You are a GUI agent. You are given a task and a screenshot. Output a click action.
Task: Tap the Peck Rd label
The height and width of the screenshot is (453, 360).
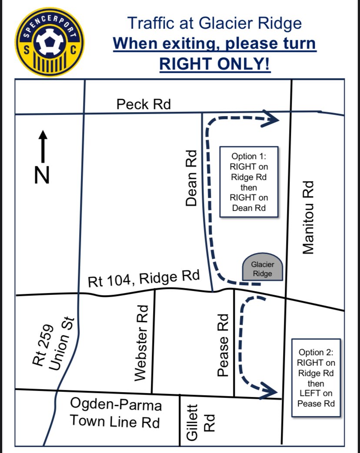coord(143,104)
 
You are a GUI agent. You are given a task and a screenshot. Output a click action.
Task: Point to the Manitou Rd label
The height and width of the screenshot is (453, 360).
coord(308,217)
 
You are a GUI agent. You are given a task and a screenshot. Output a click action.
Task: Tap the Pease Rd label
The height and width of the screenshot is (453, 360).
coord(223,345)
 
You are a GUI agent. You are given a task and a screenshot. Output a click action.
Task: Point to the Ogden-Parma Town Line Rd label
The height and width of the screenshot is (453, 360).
coord(116,413)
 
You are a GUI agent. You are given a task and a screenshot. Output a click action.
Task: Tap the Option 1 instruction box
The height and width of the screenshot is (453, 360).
coord(249,181)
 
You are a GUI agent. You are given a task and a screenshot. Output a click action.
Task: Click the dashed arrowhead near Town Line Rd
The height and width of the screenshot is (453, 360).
coord(271,390)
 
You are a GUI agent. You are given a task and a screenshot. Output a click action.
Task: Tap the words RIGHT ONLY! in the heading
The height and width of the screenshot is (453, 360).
coord(215,63)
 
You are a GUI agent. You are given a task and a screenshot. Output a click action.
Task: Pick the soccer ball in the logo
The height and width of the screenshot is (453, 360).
coord(49,42)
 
